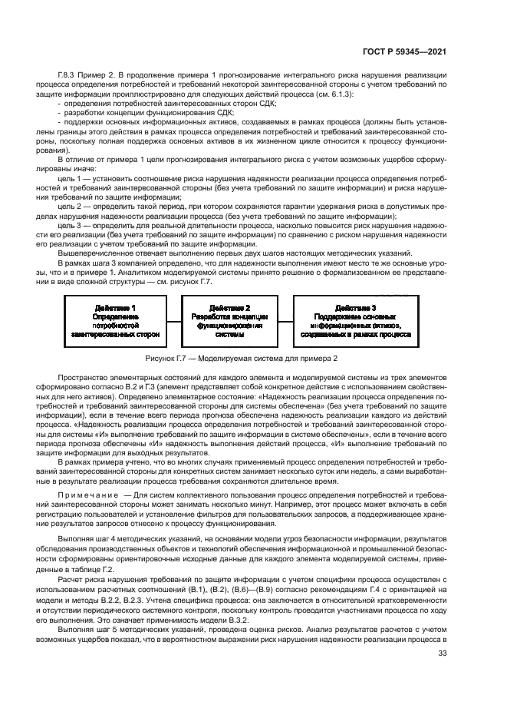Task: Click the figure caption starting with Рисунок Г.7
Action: pos(252,358)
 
